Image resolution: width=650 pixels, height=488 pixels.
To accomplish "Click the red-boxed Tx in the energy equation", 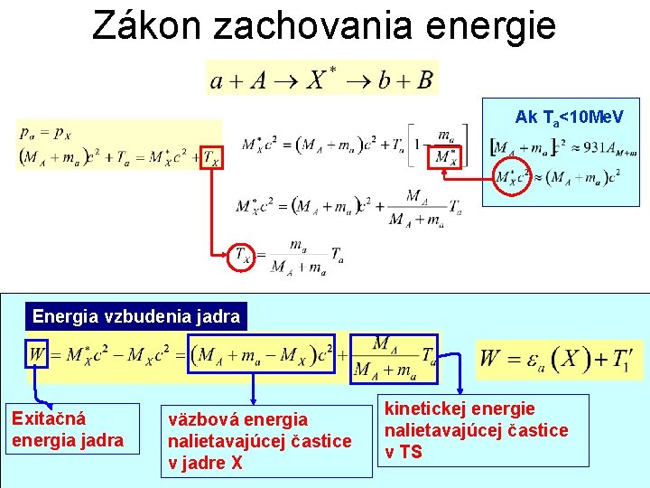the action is tap(209, 157).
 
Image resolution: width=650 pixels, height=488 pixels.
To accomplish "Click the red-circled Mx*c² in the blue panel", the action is tap(513, 175).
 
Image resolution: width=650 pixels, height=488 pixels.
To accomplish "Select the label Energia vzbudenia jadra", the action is tap(136, 316).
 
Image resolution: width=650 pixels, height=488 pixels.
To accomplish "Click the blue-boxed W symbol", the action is tap(36, 353).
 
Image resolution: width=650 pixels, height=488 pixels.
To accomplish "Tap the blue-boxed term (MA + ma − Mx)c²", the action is tap(263, 353).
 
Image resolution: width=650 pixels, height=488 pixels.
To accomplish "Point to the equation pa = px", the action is tap(44, 133).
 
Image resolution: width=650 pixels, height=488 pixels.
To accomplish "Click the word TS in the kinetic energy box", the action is tap(411, 452).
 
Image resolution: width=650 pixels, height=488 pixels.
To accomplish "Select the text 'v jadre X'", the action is tap(205, 463).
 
